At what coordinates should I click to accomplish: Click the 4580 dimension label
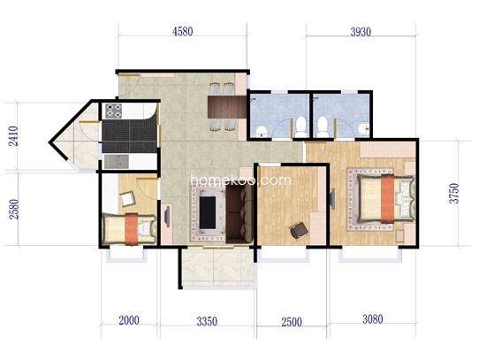[x=182, y=32]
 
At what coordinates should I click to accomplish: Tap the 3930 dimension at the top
[x=361, y=32]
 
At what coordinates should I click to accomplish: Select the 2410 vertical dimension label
[x=13, y=136]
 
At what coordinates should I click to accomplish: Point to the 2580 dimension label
[x=14, y=210]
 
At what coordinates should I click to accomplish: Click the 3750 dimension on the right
[x=454, y=193]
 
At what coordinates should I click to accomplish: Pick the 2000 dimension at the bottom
[x=129, y=320]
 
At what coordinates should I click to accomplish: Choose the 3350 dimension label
[x=207, y=321]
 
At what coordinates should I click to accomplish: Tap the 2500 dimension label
[x=292, y=322]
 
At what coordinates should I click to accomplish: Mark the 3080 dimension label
[x=373, y=319]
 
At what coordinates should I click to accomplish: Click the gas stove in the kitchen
[x=114, y=111]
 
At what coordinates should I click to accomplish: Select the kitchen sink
[x=116, y=162]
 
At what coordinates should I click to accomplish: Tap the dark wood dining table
[x=227, y=107]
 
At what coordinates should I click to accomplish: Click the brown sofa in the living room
[x=239, y=214]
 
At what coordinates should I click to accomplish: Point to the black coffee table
[x=208, y=212]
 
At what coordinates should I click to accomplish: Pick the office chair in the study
[x=299, y=230]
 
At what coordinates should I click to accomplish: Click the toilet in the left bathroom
[x=301, y=126]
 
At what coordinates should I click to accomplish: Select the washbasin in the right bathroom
[x=363, y=128]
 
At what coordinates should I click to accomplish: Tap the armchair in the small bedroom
[x=127, y=199]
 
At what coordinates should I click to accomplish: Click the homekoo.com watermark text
[x=240, y=180]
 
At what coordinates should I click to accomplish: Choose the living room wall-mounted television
[x=167, y=217]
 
